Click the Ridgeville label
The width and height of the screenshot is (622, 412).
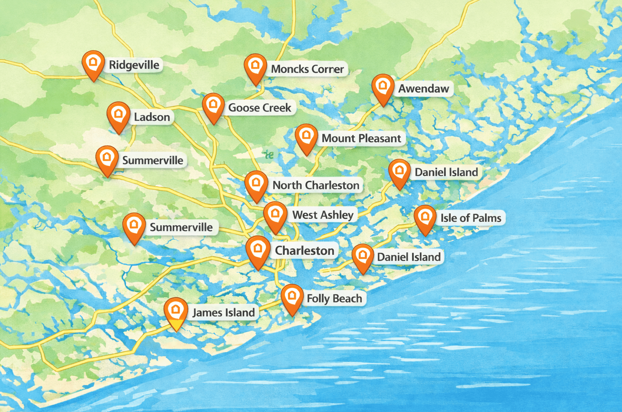[x=134, y=65]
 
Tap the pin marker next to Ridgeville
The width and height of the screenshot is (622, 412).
[x=93, y=64]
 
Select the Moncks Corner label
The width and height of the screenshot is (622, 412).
[x=307, y=69]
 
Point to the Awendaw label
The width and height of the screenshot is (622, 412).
[x=423, y=89]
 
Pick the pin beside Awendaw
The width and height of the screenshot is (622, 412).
[x=383, y=88]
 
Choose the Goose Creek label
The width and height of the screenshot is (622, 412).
[x=259, y=108]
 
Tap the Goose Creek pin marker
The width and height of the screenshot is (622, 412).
[x=213, y=106]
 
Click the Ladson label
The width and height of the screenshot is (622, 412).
[x=151, y=117]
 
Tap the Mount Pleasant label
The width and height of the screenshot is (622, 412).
[x=361, y=138]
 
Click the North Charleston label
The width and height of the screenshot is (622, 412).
[x=316, y=185]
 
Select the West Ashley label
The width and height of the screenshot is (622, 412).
[x=323, y=215]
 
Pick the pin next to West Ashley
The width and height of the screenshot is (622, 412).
[x=275, y=216]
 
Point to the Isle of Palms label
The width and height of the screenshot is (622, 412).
[x=471, y=218]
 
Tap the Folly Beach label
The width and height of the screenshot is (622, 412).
[x=334, y=299]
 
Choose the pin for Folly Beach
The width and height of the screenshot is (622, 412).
[x=292, y=297]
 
